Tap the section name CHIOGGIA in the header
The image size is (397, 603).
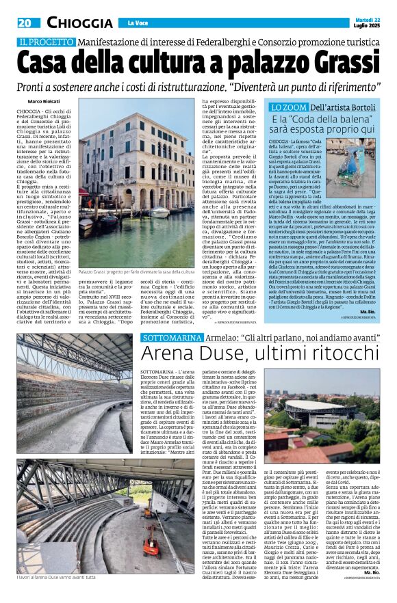point(80,23)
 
